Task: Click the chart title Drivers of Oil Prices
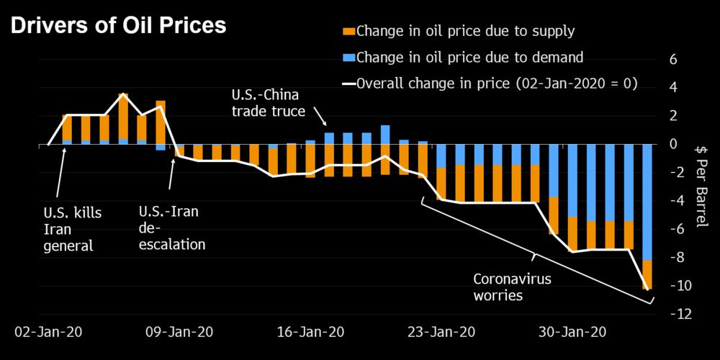117,26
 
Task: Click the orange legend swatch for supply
348,31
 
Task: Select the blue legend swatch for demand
348,58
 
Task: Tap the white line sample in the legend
348,83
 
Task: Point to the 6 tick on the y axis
672,60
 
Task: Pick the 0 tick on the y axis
672,145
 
